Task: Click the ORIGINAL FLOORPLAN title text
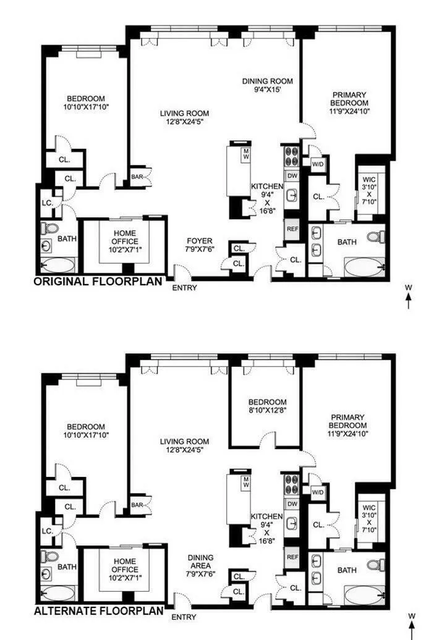click(x=97, y=282)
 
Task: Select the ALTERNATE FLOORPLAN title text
click(x=99, y=611)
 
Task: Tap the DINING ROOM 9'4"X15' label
click(x=267, y=85)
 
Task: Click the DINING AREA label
click(x=200, y=569)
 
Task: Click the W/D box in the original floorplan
click(x=318, y=164)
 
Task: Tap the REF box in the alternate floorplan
click(x=292, y=557)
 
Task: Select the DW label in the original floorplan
click(x=292, y=176)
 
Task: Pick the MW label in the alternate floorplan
click(x=246, y=481)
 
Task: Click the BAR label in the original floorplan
click(x=137, y=177)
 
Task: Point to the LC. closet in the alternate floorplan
click(x=47, y=531)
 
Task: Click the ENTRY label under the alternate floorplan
click(x=185, y=617)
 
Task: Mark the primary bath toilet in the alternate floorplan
click(x=375, y=565)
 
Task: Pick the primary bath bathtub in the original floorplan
click(x=365, y=269)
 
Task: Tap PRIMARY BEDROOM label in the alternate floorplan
click(x=349, y=421)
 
